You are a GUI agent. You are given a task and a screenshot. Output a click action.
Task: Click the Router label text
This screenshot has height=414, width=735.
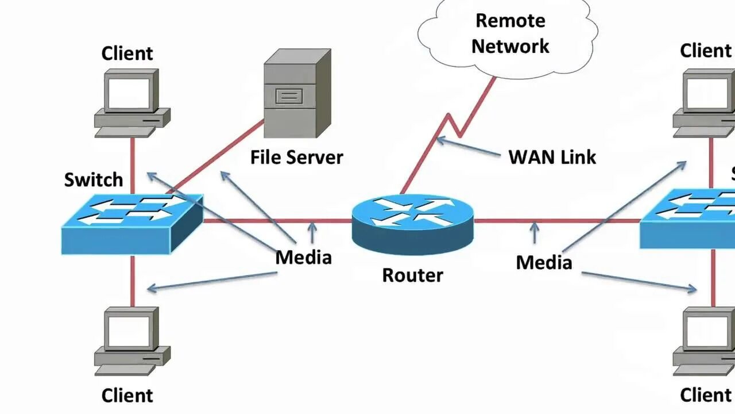point(412,275)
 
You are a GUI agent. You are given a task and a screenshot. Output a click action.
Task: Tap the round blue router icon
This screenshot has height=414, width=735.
point(413,224)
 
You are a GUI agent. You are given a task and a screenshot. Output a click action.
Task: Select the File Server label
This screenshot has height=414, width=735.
point(296,157)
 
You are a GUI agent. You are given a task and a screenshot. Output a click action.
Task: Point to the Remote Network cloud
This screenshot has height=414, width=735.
point(509,34)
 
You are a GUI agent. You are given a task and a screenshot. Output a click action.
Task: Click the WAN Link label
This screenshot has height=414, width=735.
point(552,157)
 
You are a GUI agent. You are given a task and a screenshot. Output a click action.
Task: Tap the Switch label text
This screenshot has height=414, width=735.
point(94,179)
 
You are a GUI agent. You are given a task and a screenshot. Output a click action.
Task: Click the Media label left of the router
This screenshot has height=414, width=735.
point(303,257)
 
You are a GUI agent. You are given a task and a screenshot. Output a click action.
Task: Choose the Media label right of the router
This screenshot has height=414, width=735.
point(544,262)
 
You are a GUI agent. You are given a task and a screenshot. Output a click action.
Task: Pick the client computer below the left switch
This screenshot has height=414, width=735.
point(131,339)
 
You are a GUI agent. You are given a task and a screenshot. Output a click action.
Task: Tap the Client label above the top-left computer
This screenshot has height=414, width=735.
point(127,53)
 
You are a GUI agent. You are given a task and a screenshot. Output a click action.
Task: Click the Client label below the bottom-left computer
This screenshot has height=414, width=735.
point(127,396)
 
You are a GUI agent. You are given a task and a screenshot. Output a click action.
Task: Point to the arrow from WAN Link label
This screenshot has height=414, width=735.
point(468,147)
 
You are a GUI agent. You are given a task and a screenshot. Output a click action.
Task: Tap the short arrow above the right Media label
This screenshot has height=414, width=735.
point(535,232)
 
